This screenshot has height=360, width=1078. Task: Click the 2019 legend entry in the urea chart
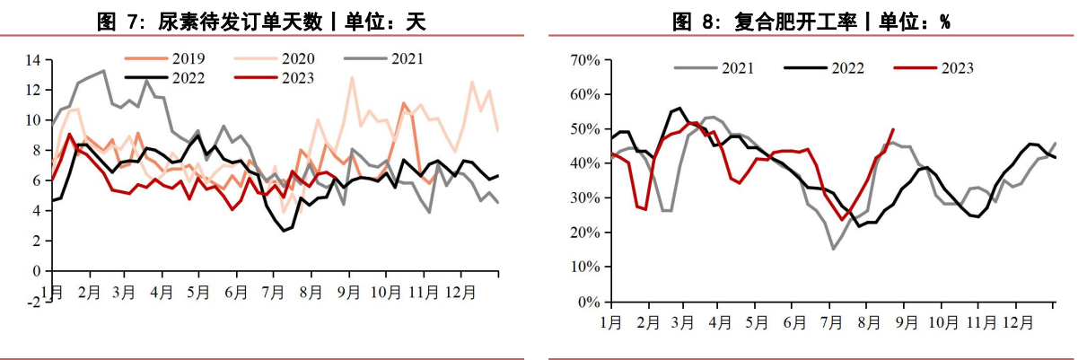[171, 59]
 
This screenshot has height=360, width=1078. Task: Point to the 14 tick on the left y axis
[34, 60]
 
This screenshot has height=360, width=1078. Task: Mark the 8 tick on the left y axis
[36, 150]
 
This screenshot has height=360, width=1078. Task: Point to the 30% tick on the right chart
[585, 198]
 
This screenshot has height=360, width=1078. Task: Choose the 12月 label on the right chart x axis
[1017, 321]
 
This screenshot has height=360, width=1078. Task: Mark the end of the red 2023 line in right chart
[892, 129]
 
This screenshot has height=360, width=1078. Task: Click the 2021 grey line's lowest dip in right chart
[833, 249]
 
